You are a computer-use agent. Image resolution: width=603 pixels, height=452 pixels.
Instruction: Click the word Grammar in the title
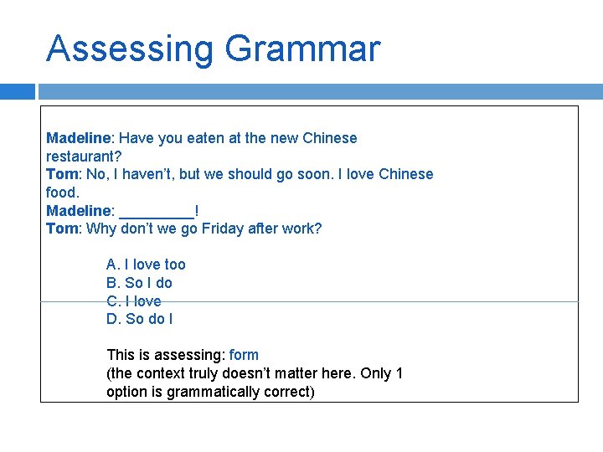pos(302,50)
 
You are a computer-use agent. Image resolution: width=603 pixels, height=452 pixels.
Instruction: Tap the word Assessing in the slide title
pos(130,50)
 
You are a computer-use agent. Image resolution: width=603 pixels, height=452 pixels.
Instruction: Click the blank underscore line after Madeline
pos(157,211)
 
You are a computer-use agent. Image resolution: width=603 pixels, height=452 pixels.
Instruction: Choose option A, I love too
pos(146,265)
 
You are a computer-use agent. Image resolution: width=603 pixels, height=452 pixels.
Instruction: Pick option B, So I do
pos(139,283)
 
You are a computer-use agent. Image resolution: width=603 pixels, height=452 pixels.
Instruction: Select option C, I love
pos(134,301)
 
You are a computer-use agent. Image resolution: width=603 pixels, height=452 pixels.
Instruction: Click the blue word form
pos(244,355)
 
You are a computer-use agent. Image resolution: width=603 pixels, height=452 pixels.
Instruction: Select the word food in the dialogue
pos(61,193)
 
